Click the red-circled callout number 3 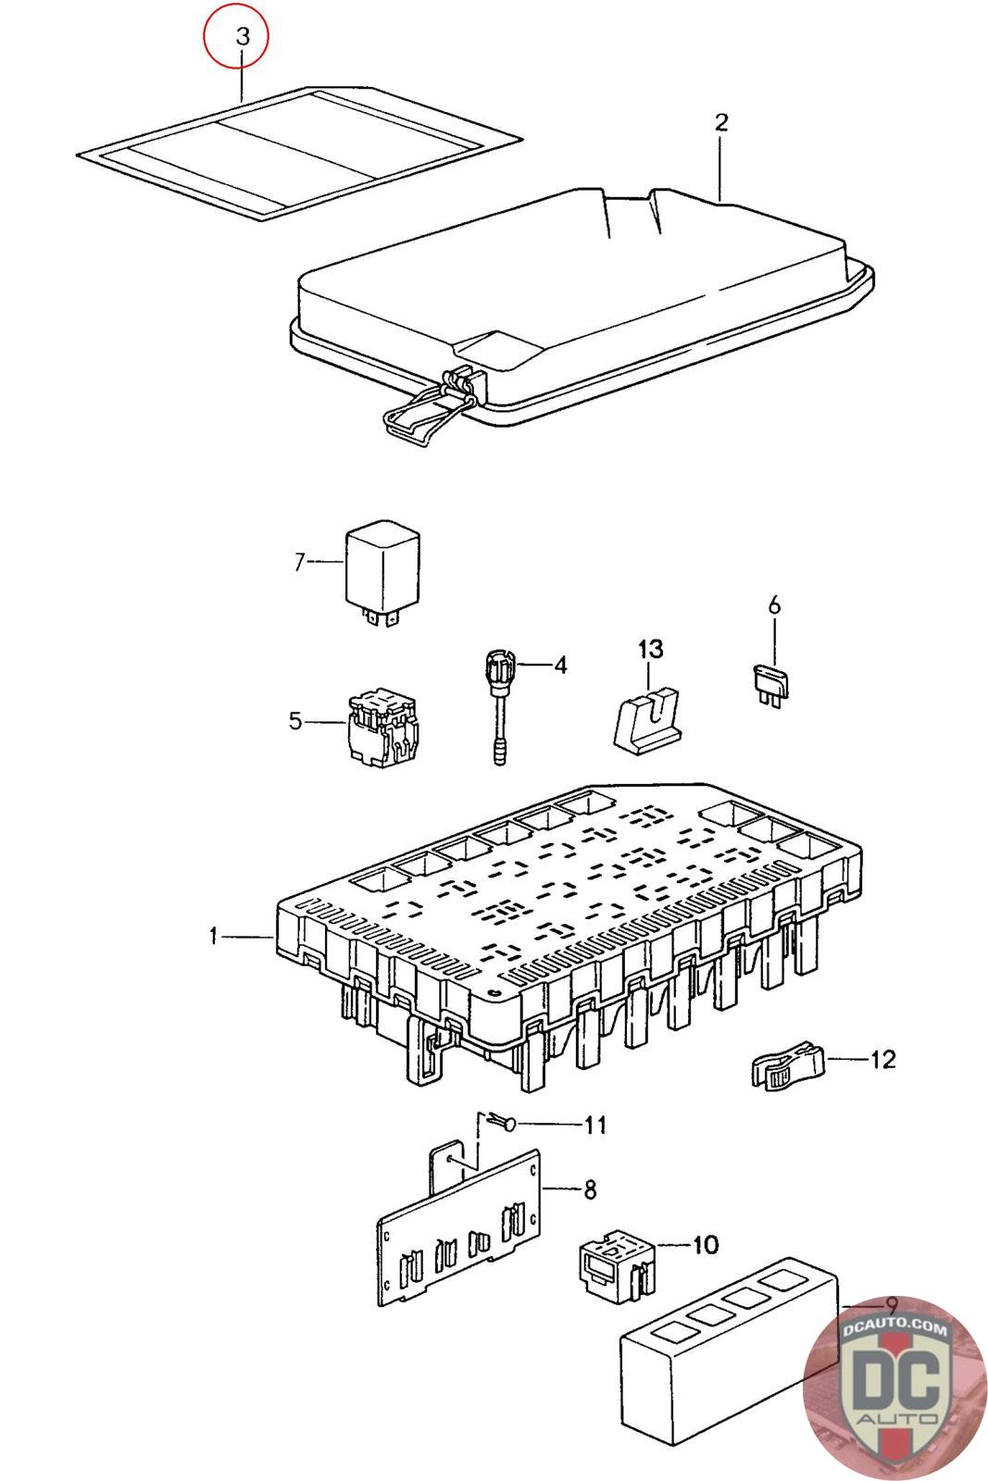pos(242,37)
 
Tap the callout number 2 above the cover pos(721,122)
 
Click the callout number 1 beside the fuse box pos(213,937)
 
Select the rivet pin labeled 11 pos(507,1123)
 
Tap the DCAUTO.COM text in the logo pos(895,1329)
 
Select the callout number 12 pos(883,1059)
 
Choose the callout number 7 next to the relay pos(299,561)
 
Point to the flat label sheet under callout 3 pos(296,153)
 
